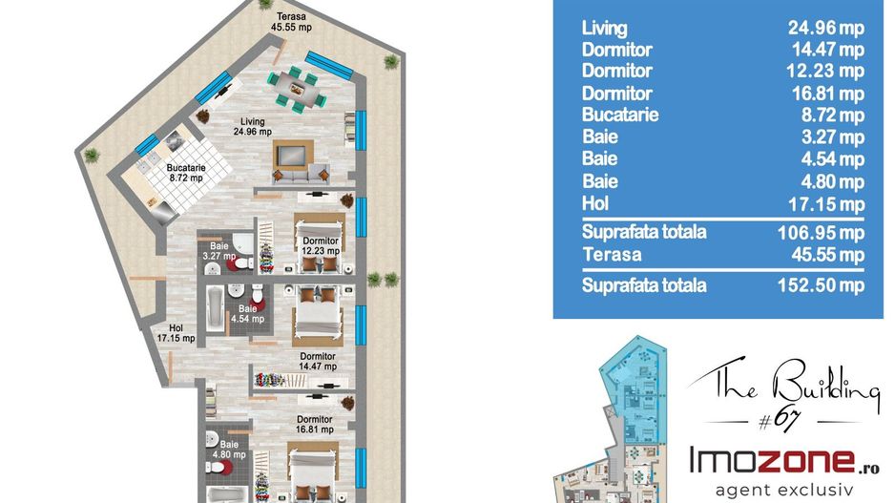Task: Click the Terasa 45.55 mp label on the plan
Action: click(292, 22)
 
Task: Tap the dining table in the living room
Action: click(297, 89)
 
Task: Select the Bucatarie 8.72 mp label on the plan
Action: click(186, 173)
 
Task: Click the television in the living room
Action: click(293, 155)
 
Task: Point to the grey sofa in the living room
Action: click(301, 174)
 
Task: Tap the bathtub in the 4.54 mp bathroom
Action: click(216, 309)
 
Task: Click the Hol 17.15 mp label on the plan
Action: click(176, 333)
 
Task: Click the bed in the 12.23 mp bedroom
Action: click(320, 242)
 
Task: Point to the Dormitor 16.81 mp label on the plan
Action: click(315, 424)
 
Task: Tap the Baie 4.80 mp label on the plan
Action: click(229, 450)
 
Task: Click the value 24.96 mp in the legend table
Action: click(826, 28)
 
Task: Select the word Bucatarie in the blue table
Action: click(620, 115)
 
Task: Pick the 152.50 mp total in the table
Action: click(821, 284)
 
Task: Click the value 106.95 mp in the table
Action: click(821, 232)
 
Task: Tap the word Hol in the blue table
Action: click(594, 203)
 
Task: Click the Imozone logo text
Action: click(783, 461)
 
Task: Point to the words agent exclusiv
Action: click(783, 490)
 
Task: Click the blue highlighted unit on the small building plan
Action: click(635, 388)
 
